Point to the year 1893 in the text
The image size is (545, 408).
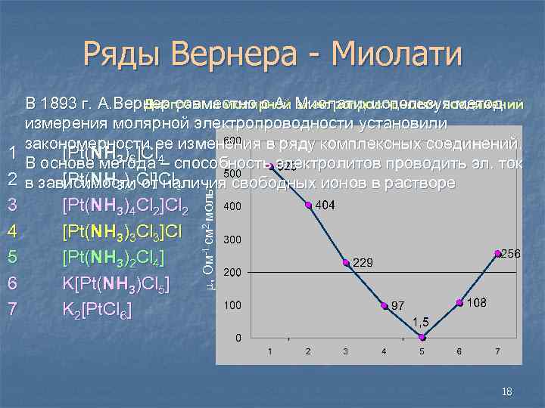click(x=67, y=103)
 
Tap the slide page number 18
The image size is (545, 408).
click(x=506, y=391)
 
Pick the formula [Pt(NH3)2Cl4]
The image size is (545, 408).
click(x=114, y=258)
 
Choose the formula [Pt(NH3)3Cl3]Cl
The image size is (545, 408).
click(x=121, y=233)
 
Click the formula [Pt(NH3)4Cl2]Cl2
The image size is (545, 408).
click(x=125, y=207)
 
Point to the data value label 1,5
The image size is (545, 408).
click(x=421, y=323)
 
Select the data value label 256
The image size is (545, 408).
click(x=510, y=255)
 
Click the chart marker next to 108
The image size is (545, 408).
click(x=459, y=302)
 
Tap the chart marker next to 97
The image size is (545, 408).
click(x=385, y=305)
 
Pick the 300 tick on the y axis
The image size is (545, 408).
click(x=232, y=240)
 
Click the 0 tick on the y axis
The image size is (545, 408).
click(x=238, y=337)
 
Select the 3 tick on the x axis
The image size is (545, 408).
click(x=346, y=352)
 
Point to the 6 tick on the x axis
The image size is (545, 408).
click(x=459, y=352)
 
